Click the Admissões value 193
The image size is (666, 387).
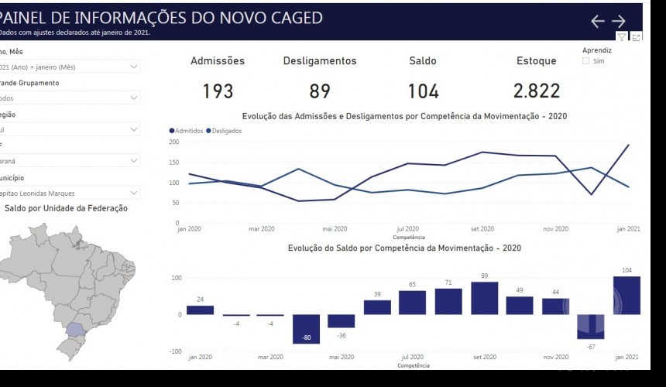pyautogui.click(x=218, y=91)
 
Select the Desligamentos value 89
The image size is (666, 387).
pyautogui.click(x=320, y=91)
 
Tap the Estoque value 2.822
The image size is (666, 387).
pyautogui.click(x=536, y=91)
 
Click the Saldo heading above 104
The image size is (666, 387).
pyautogui.click(x=423, y=61)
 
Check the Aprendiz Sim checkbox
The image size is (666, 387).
pyautogui.click(x=586, y=61)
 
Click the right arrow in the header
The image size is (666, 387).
pyautogui.click(x=619, y=22)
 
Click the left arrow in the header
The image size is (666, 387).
pyautogui.click(x=597, y=22)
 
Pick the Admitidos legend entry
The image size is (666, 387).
pyautogui.click(x=186, y=131)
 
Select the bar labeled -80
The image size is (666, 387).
pyautogui.click(x=307, y=329)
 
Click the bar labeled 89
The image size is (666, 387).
pyautogui.click(x=484, y=298)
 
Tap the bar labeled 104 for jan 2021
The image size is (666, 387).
pyautogui.click(x=627, y=295)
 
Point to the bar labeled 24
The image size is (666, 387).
pyautogui.click(x=200, y=310)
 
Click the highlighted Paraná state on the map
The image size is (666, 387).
pyautogui.click(x=77, y=329)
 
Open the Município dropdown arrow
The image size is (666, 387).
pyautogui.click(x=134, y=193)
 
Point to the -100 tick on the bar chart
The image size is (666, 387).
pyautogui.click(x=176, y=351)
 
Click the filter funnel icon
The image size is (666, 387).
pyautogui.click(x=622, y=37)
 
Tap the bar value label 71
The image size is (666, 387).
pyautogui.click(x=448, y=283)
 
